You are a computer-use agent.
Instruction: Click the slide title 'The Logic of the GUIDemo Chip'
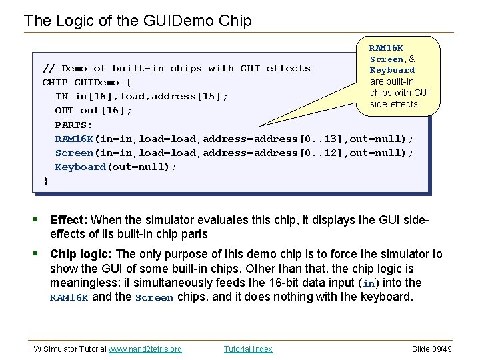click(137, 21)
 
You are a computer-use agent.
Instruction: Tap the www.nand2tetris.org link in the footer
click(145, 349)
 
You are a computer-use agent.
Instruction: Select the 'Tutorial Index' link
click(248, 349)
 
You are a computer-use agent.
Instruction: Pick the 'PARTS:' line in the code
click(73, 125)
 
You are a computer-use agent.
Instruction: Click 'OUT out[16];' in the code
click(93, 111)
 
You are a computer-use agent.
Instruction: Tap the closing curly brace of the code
click(45, 181)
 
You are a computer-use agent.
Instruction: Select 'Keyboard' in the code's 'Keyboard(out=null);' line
click(80, 167)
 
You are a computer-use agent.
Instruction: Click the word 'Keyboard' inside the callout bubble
click(392, 70)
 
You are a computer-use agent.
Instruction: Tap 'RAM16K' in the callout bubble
click(386, 48)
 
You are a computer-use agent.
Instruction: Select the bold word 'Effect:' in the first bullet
click(69, 220)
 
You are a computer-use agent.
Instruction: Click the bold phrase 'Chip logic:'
click(81, 254)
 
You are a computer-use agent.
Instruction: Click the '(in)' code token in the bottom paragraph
click(368, 283)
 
